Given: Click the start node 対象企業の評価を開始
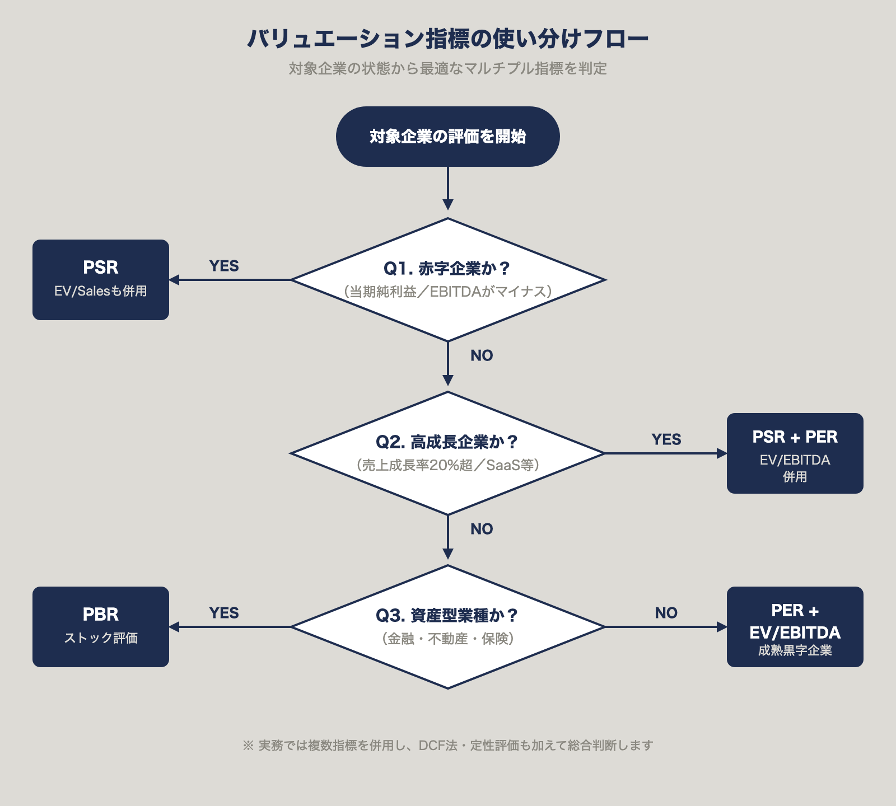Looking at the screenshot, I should click(448, 137).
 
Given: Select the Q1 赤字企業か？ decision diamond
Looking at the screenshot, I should click(448, 279).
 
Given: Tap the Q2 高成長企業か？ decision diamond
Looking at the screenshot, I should click(448, 453).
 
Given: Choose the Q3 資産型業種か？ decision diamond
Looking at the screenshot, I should click(448, 626).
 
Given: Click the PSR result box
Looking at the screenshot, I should click(101, 279).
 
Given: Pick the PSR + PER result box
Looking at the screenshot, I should click(795, 453).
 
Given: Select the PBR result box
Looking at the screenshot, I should click(101, 626).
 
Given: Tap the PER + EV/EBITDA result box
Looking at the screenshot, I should click(795, 626).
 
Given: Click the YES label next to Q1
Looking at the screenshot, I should click(224, 266).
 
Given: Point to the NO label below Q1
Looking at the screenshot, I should click(482, 355).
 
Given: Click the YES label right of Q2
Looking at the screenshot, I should click(666, 439).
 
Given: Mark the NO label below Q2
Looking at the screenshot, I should click(482, 529).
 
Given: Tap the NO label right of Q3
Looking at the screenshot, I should click(666, 613).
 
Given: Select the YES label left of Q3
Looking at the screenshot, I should click(224, 613).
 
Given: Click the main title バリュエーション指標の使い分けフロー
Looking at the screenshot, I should click(448, 39).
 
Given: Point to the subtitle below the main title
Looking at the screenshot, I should click(448, 68).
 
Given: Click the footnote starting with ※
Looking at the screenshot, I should click(448, 746).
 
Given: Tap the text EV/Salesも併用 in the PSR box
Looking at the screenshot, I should click(101, 291).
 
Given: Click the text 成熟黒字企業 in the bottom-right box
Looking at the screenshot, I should click(795, 650).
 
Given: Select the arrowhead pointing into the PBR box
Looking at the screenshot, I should click(174, 626).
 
